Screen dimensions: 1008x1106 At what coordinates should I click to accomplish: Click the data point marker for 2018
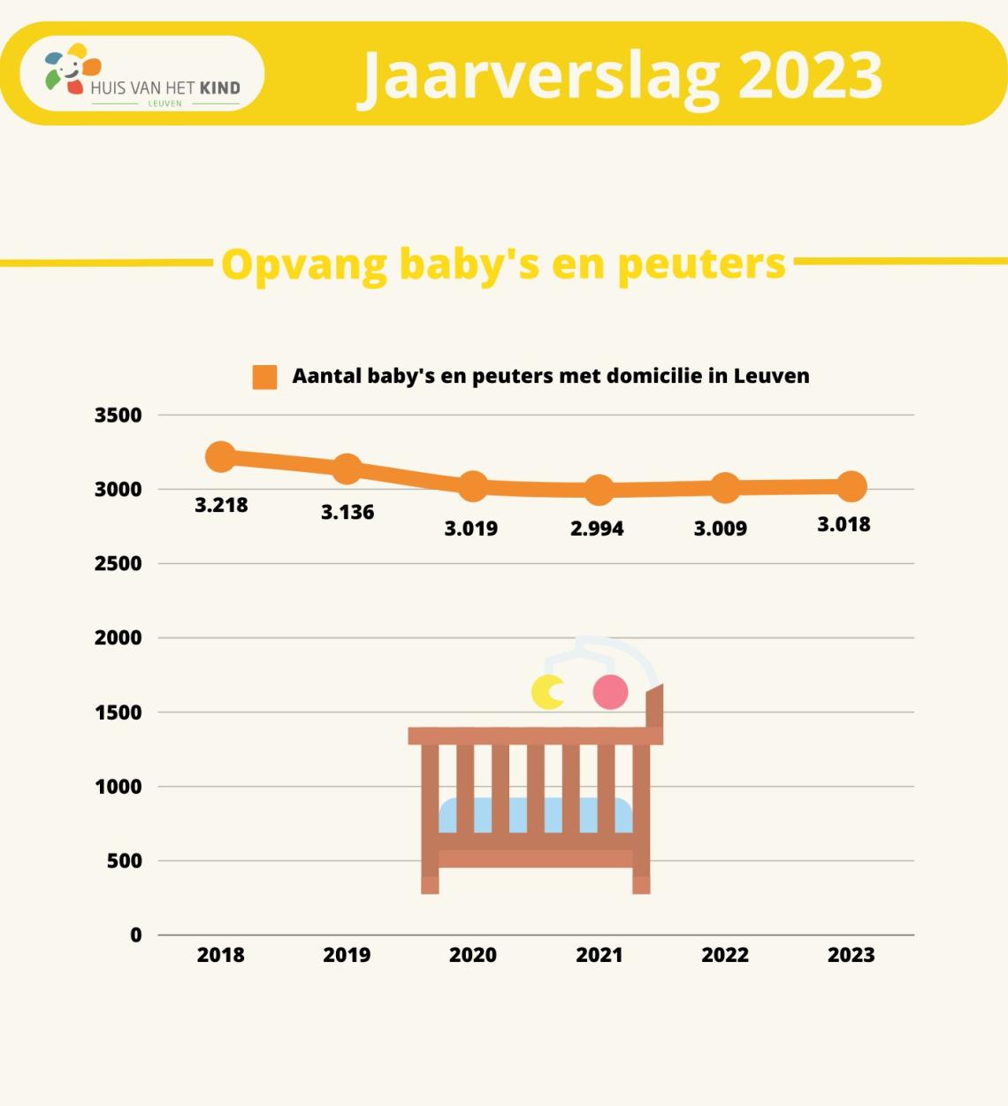click(220, 456)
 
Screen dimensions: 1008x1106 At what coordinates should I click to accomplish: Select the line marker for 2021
click(599, 490)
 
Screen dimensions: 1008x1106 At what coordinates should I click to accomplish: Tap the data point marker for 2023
click(851, 486)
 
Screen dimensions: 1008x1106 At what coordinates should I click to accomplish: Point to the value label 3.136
click(347, 512)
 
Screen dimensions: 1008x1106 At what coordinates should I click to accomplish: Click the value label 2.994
click(597, 529)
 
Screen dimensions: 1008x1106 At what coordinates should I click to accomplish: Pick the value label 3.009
click(720, 529)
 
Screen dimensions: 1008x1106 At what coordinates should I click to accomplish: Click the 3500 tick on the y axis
click(118, 416)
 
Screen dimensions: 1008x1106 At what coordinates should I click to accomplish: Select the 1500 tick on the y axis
click(118, 713)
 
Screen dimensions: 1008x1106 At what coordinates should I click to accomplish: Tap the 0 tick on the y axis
click(136, 935)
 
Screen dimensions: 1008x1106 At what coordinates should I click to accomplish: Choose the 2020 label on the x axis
click(473, 955)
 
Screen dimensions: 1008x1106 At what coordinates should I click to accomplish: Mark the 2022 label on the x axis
click(725, 955)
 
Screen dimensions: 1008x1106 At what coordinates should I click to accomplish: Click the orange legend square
click(264, 378)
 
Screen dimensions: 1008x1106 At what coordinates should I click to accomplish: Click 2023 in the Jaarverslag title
click(810, 75)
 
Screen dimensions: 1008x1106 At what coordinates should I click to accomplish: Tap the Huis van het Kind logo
click(142, 74)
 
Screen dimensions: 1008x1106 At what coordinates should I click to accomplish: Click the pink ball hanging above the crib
click(610, 692)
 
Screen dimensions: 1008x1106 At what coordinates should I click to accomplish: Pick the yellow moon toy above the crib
click(547, 692)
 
